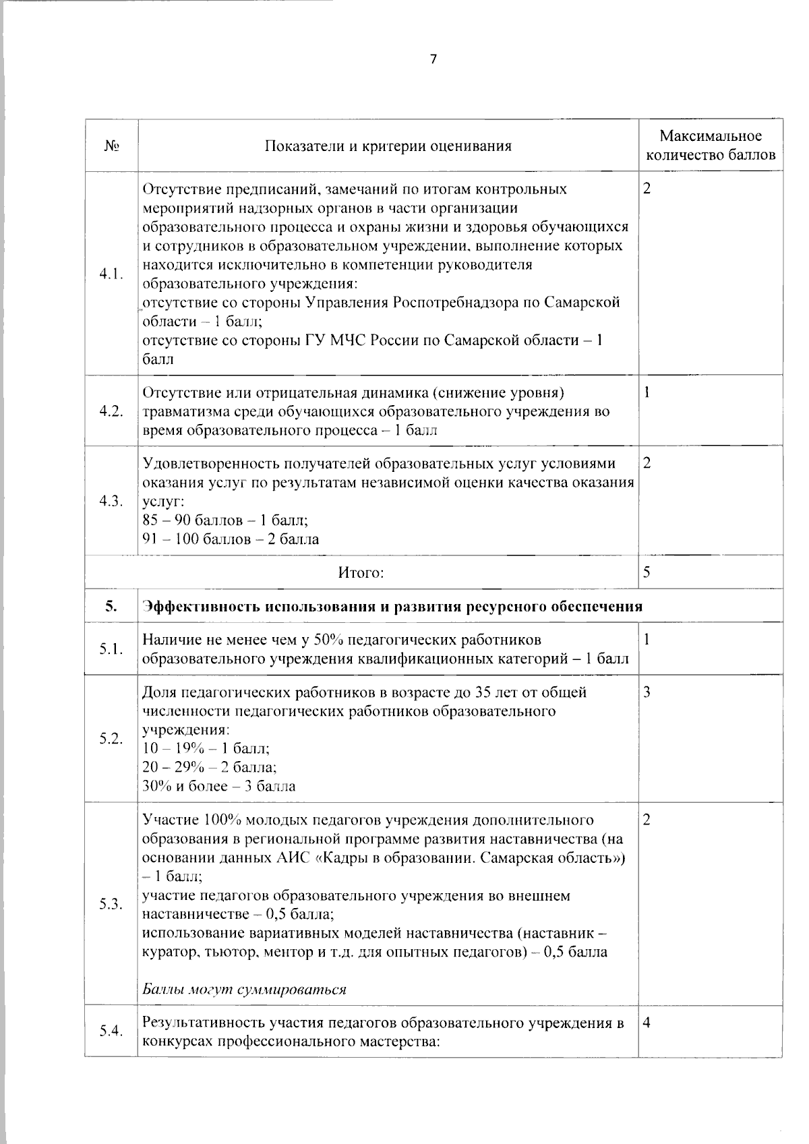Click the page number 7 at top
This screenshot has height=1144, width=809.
click(x=433, y=59)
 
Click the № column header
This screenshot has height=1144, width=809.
click(x=111, y=146)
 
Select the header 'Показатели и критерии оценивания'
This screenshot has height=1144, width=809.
click(x=388, y=146)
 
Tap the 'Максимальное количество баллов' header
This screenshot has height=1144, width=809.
click(x=711, y=146)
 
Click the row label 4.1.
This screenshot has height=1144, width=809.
click(x=111, y=274)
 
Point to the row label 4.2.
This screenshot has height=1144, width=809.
click(x=111, y=412)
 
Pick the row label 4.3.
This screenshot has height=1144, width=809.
click(x=111, y=501)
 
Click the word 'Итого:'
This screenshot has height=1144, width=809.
click(x=361, y=573)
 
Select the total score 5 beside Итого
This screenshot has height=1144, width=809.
click(x=647, y=572)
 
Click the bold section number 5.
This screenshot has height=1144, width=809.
click(x=111, y=606)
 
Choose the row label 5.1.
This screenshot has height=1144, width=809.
click(x=111, y=649)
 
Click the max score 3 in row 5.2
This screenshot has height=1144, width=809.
click(x=647, y=692)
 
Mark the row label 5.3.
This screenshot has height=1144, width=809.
click(x=111, y=904)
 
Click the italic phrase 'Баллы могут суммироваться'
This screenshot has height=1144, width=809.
click(x=244, y=990)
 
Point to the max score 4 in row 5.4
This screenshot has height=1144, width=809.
click(x=647, y=1023)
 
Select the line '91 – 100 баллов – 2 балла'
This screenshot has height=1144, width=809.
click(x=231, y=539)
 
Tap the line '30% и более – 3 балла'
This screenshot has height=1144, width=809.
click(x=219, y=786)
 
